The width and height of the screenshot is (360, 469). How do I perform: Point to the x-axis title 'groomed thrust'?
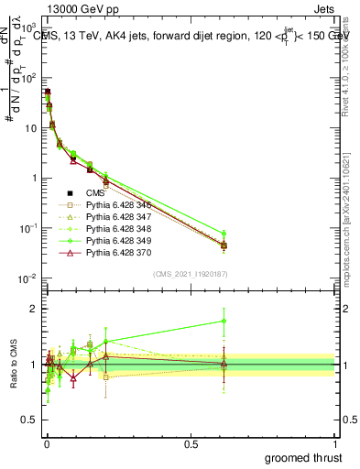pos(304,457)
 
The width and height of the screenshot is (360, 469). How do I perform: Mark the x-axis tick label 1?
pos(336,443)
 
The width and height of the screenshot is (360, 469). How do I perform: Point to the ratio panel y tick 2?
pos(32,309)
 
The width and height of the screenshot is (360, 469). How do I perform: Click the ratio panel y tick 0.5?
pos(27,420)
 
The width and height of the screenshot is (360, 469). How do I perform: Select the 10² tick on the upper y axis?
pos(27,78)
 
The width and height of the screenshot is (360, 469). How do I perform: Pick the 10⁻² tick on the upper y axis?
pos(27,278)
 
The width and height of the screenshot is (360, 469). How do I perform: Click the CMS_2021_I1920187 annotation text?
pos(190,274)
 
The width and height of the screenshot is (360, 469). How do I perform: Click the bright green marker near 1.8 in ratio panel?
pos(224,322)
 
